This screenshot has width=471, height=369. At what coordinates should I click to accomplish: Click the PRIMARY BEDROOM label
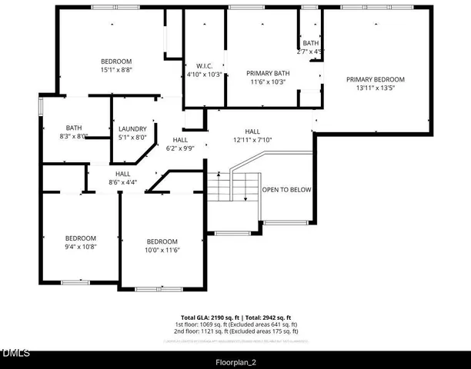[x=375, y=79]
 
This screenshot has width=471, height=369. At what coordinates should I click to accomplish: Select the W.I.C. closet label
[x=204, y=66]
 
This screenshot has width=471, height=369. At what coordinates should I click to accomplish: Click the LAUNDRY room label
[x=132, y=129]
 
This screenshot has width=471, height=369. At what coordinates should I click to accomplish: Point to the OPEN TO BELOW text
[x=287, y=190]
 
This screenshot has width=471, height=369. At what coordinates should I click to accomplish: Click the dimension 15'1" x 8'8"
[x=116, y=70]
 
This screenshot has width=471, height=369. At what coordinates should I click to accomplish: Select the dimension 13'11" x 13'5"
[x=375, y=88]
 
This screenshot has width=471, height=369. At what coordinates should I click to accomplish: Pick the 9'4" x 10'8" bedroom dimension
[x=80, y=247]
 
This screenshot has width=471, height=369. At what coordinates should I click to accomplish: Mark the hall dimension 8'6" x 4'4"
[x=122, y=182]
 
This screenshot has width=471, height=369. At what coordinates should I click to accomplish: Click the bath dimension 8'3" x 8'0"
[x=74, y=137]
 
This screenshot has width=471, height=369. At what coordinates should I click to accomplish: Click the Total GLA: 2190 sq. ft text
[x=208, y=317]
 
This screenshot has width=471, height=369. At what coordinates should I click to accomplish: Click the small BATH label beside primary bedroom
[x=310, y=43]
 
